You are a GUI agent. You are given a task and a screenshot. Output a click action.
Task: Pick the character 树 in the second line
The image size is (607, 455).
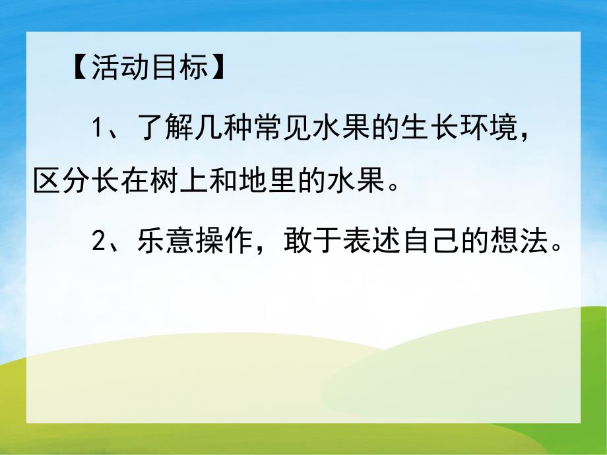[x=166, y=180]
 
